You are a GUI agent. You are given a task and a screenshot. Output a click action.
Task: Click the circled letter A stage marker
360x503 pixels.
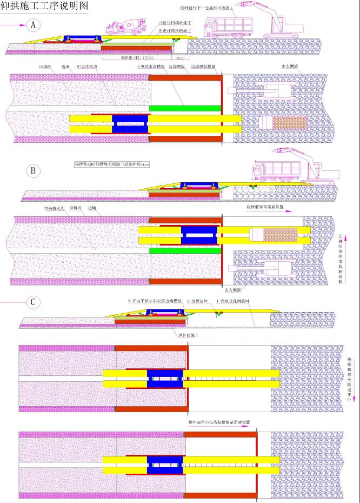[34, 25]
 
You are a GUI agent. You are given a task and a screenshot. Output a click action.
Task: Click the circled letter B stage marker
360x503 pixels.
[34, 171]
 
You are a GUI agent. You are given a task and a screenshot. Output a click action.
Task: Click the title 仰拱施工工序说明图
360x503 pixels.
[43, 6]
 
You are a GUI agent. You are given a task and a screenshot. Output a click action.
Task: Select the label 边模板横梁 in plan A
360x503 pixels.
[204, 67]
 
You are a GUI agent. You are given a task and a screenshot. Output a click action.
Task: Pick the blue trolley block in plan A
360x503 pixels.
[130, 123]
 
